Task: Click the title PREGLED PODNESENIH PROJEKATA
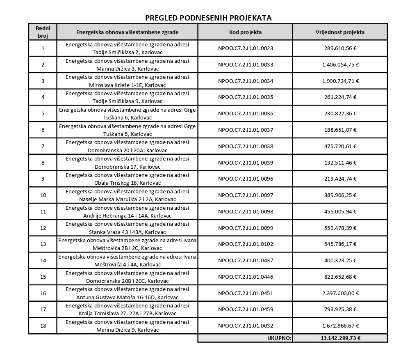208,18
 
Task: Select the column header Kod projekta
246,32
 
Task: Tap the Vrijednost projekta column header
340,32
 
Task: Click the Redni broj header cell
43,32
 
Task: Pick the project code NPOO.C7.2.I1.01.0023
246,48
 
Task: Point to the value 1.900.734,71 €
340,81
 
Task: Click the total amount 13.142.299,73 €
340,338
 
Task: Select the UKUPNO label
279,338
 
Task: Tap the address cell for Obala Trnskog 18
127,179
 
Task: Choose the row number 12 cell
43,228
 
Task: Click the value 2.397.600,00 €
340,293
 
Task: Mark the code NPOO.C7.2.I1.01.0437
246,261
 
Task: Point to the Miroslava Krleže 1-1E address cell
127,81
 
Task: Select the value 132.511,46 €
340,163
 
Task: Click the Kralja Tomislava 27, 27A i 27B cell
127,310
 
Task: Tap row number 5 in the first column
43,114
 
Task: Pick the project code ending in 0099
246,228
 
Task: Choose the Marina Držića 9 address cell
127,326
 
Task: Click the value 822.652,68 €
340,277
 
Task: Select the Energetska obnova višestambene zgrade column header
127,32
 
